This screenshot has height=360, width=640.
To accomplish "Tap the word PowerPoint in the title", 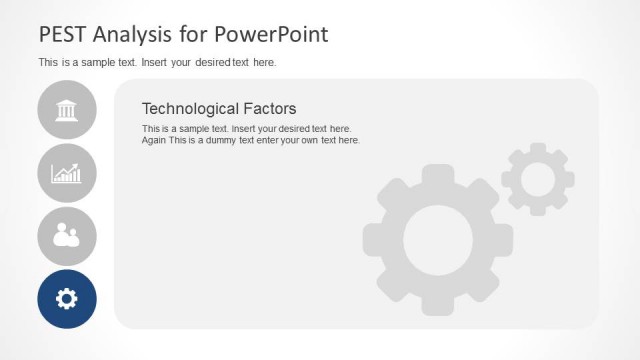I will [271, 34].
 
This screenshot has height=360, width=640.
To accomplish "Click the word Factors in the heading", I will [271, 108].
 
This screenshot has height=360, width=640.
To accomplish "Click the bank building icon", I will [67, 109].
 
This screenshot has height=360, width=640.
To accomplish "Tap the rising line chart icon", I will [67, 173].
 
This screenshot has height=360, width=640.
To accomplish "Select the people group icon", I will [67, 236].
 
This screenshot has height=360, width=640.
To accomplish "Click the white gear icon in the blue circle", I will [67, 298].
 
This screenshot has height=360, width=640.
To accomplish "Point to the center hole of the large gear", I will [438, 240].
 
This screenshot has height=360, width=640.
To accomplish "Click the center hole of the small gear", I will [538, 179].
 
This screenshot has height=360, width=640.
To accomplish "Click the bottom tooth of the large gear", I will [438, 305].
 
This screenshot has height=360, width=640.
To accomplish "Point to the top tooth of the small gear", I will [538, 148].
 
